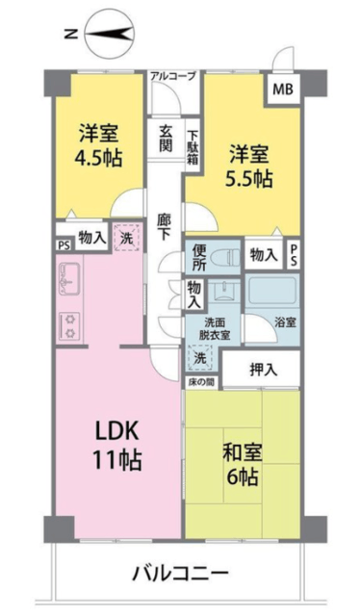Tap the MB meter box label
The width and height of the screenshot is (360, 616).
click(x=283, y=90)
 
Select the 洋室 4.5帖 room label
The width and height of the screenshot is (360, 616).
click(x=98, y=145)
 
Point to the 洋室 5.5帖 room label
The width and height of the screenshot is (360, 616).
click(x=248, y=166)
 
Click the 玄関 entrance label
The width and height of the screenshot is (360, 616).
click(x=166, y=139)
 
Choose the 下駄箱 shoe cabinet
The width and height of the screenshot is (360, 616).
click(x=193, y=147)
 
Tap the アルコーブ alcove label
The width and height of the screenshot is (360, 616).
click(x=172, y=76)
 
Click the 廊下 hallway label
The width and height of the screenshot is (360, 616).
click(x=164, y=227)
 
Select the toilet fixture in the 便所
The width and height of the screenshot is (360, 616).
click(x=225, y=258)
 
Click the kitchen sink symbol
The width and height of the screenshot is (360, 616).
click(x=69, y=279)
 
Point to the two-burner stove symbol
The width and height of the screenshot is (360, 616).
click(x=69, y=326)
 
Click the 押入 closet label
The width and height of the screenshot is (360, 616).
click(x=264, y=370)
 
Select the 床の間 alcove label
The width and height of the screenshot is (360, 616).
click(x=200, y=382)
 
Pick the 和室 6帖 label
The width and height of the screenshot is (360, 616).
click(x=242, y=465)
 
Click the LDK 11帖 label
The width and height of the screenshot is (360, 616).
click(x=116, y=446)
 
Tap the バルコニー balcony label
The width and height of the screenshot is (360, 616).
click(x=180, y=575)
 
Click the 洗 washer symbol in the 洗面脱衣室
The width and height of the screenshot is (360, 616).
click(x=200, y=357)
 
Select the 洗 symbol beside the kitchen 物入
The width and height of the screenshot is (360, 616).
click(x=126, y=238)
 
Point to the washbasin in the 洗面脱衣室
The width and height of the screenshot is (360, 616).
click(x=223, y=291)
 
